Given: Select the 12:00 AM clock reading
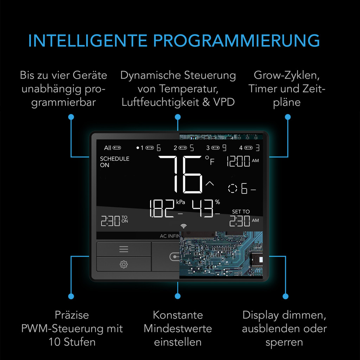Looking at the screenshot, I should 242,161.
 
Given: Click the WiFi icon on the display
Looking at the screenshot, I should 183,226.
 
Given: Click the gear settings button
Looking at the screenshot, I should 124,264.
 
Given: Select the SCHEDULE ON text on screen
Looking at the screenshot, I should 115,162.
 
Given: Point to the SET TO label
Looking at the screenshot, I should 241,212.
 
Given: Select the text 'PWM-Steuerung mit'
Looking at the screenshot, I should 72,329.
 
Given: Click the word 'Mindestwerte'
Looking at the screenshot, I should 178,329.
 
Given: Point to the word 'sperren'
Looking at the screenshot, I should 284,342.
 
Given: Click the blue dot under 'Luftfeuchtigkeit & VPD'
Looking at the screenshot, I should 178,117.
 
